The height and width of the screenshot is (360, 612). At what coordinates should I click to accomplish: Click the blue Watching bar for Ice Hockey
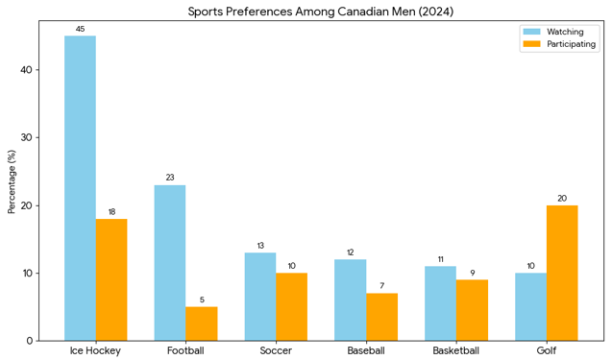[80, 188]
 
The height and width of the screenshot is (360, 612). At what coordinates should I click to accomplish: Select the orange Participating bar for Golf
[562, 273]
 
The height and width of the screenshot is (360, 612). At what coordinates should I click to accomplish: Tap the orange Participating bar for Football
[202, 324]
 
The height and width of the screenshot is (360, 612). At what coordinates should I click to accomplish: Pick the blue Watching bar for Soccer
[260, 297]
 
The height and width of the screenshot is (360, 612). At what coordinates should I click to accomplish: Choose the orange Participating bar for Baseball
[381, 317]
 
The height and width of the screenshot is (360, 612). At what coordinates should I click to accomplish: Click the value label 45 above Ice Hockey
[80, 30]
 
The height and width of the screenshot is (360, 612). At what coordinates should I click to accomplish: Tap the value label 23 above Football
[170, 178]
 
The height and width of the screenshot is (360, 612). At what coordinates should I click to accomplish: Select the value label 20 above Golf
[562, 199]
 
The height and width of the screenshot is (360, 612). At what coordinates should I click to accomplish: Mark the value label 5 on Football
[202, 300]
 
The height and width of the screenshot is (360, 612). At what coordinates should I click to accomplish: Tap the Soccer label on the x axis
[276, 350]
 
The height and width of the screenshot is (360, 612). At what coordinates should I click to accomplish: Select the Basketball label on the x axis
[456, 350]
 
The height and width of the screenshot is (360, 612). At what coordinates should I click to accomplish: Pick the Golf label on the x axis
[547, 350]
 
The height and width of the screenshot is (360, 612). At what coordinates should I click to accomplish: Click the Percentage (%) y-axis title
[12, 181]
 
